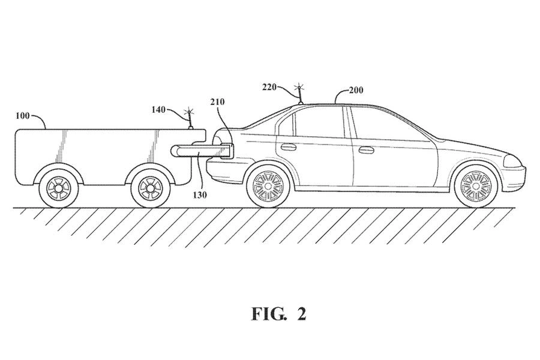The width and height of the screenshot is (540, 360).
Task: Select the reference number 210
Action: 217,102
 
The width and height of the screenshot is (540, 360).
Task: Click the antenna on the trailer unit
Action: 190,119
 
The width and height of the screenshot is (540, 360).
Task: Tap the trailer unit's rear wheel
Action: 58,188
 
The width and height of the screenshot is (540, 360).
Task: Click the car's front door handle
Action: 366,149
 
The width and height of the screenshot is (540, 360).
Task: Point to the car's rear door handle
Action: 288,147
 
